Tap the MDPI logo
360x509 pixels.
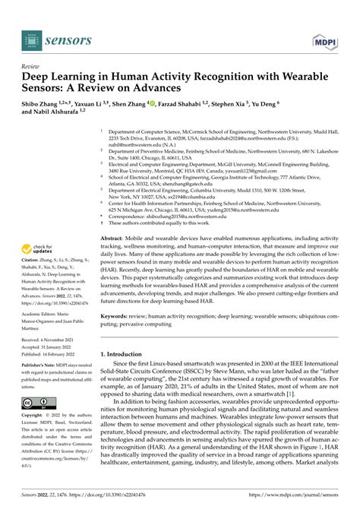[x=324, y=36]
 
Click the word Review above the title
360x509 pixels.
[x=33, y=66]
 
